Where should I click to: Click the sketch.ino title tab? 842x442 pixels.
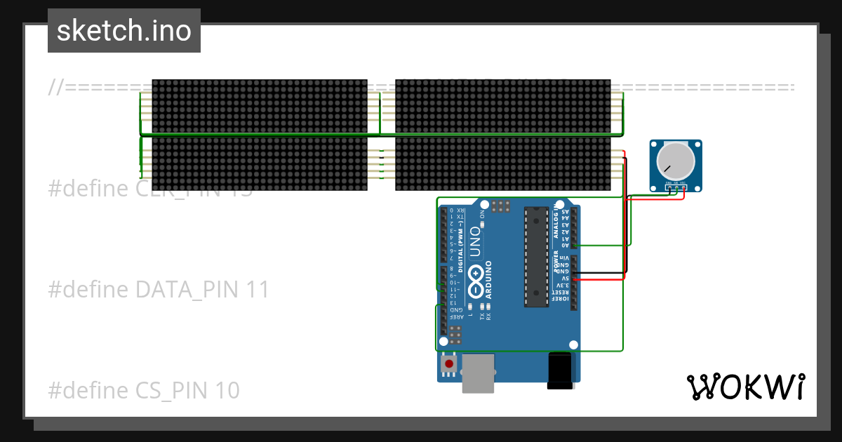pyautogui.click(x=124, y=31)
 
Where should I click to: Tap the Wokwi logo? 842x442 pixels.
pyautogui.click(x=745, y=387)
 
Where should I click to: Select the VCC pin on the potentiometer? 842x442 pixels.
pyautogui.click(x=683, y=185)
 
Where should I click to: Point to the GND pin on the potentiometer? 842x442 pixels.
pyautogui.click(x=669, y=185)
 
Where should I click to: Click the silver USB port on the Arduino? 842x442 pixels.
pyautogui.click(x=479, y=372)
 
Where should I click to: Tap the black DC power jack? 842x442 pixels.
pyautogui.click(x=561, y=370)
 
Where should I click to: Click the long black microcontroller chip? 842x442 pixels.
pyautogui.click(x=536, y=257)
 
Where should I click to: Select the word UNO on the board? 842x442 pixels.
pyautogui.click(x=475, y=241)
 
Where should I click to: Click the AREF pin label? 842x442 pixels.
pyautogui.click(x=457, y=317)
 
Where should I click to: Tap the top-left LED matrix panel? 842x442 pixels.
pyautogui.click(x=260, y=106)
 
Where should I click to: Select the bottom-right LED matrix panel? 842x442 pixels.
pyautogui.click(x=502, y=163)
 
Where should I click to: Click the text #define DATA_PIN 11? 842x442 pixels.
pyautogui.click(x=159, y=289)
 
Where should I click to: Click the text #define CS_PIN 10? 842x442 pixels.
pyautogui.click(x=144, y=390)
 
